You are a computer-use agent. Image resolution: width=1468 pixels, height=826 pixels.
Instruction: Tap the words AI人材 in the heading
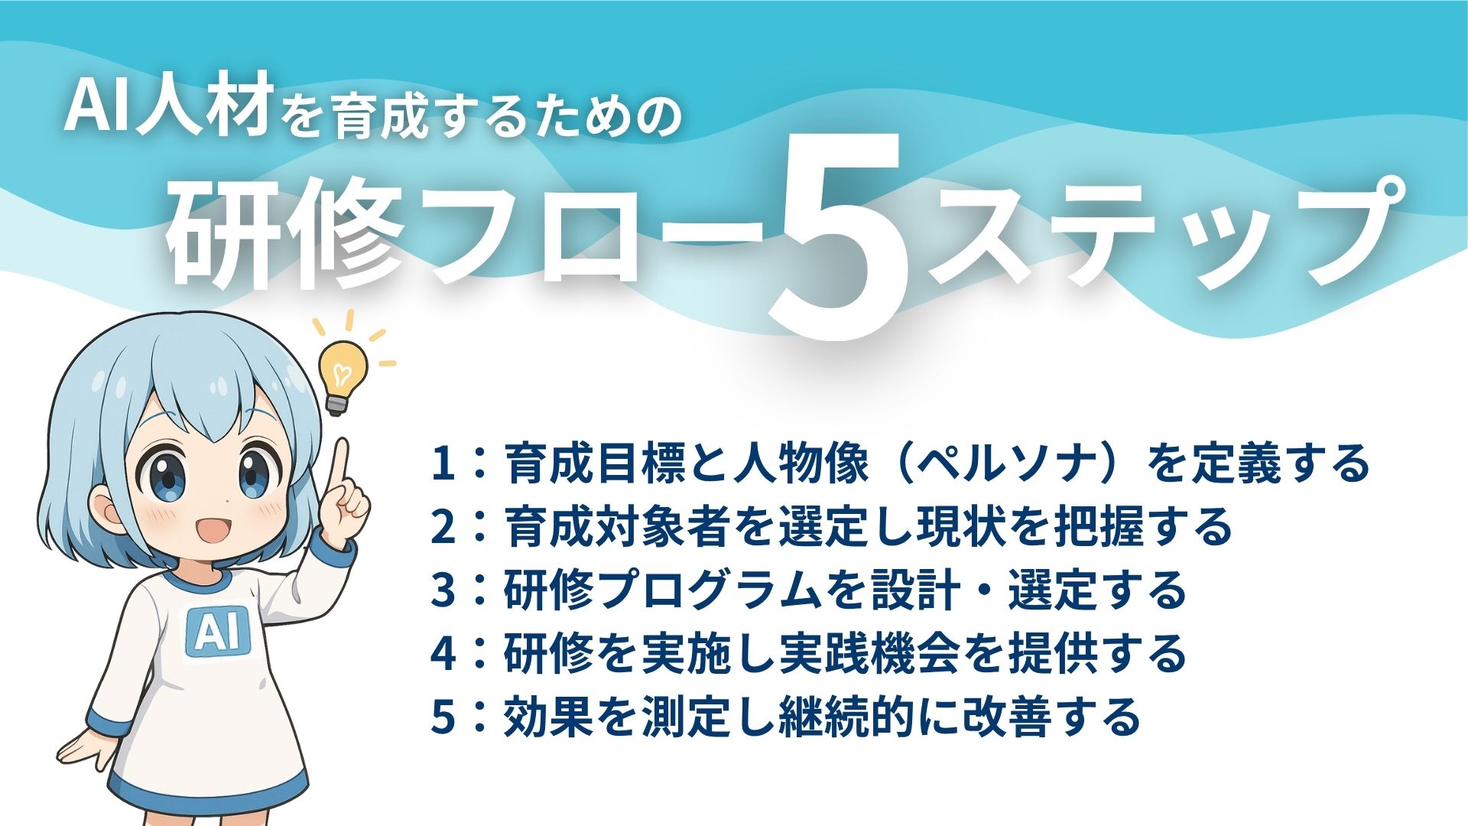pos(168,109)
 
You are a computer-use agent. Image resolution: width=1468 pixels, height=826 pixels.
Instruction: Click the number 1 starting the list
pos(443,463)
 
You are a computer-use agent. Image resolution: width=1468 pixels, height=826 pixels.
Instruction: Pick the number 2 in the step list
pos(443,527)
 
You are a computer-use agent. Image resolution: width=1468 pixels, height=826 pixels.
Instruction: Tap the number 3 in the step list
pos(443,590)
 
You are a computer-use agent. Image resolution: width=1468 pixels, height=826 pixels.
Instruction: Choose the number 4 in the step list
pos(443,654)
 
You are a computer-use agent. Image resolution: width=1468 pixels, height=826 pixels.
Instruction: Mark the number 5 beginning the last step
pos(443,717)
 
